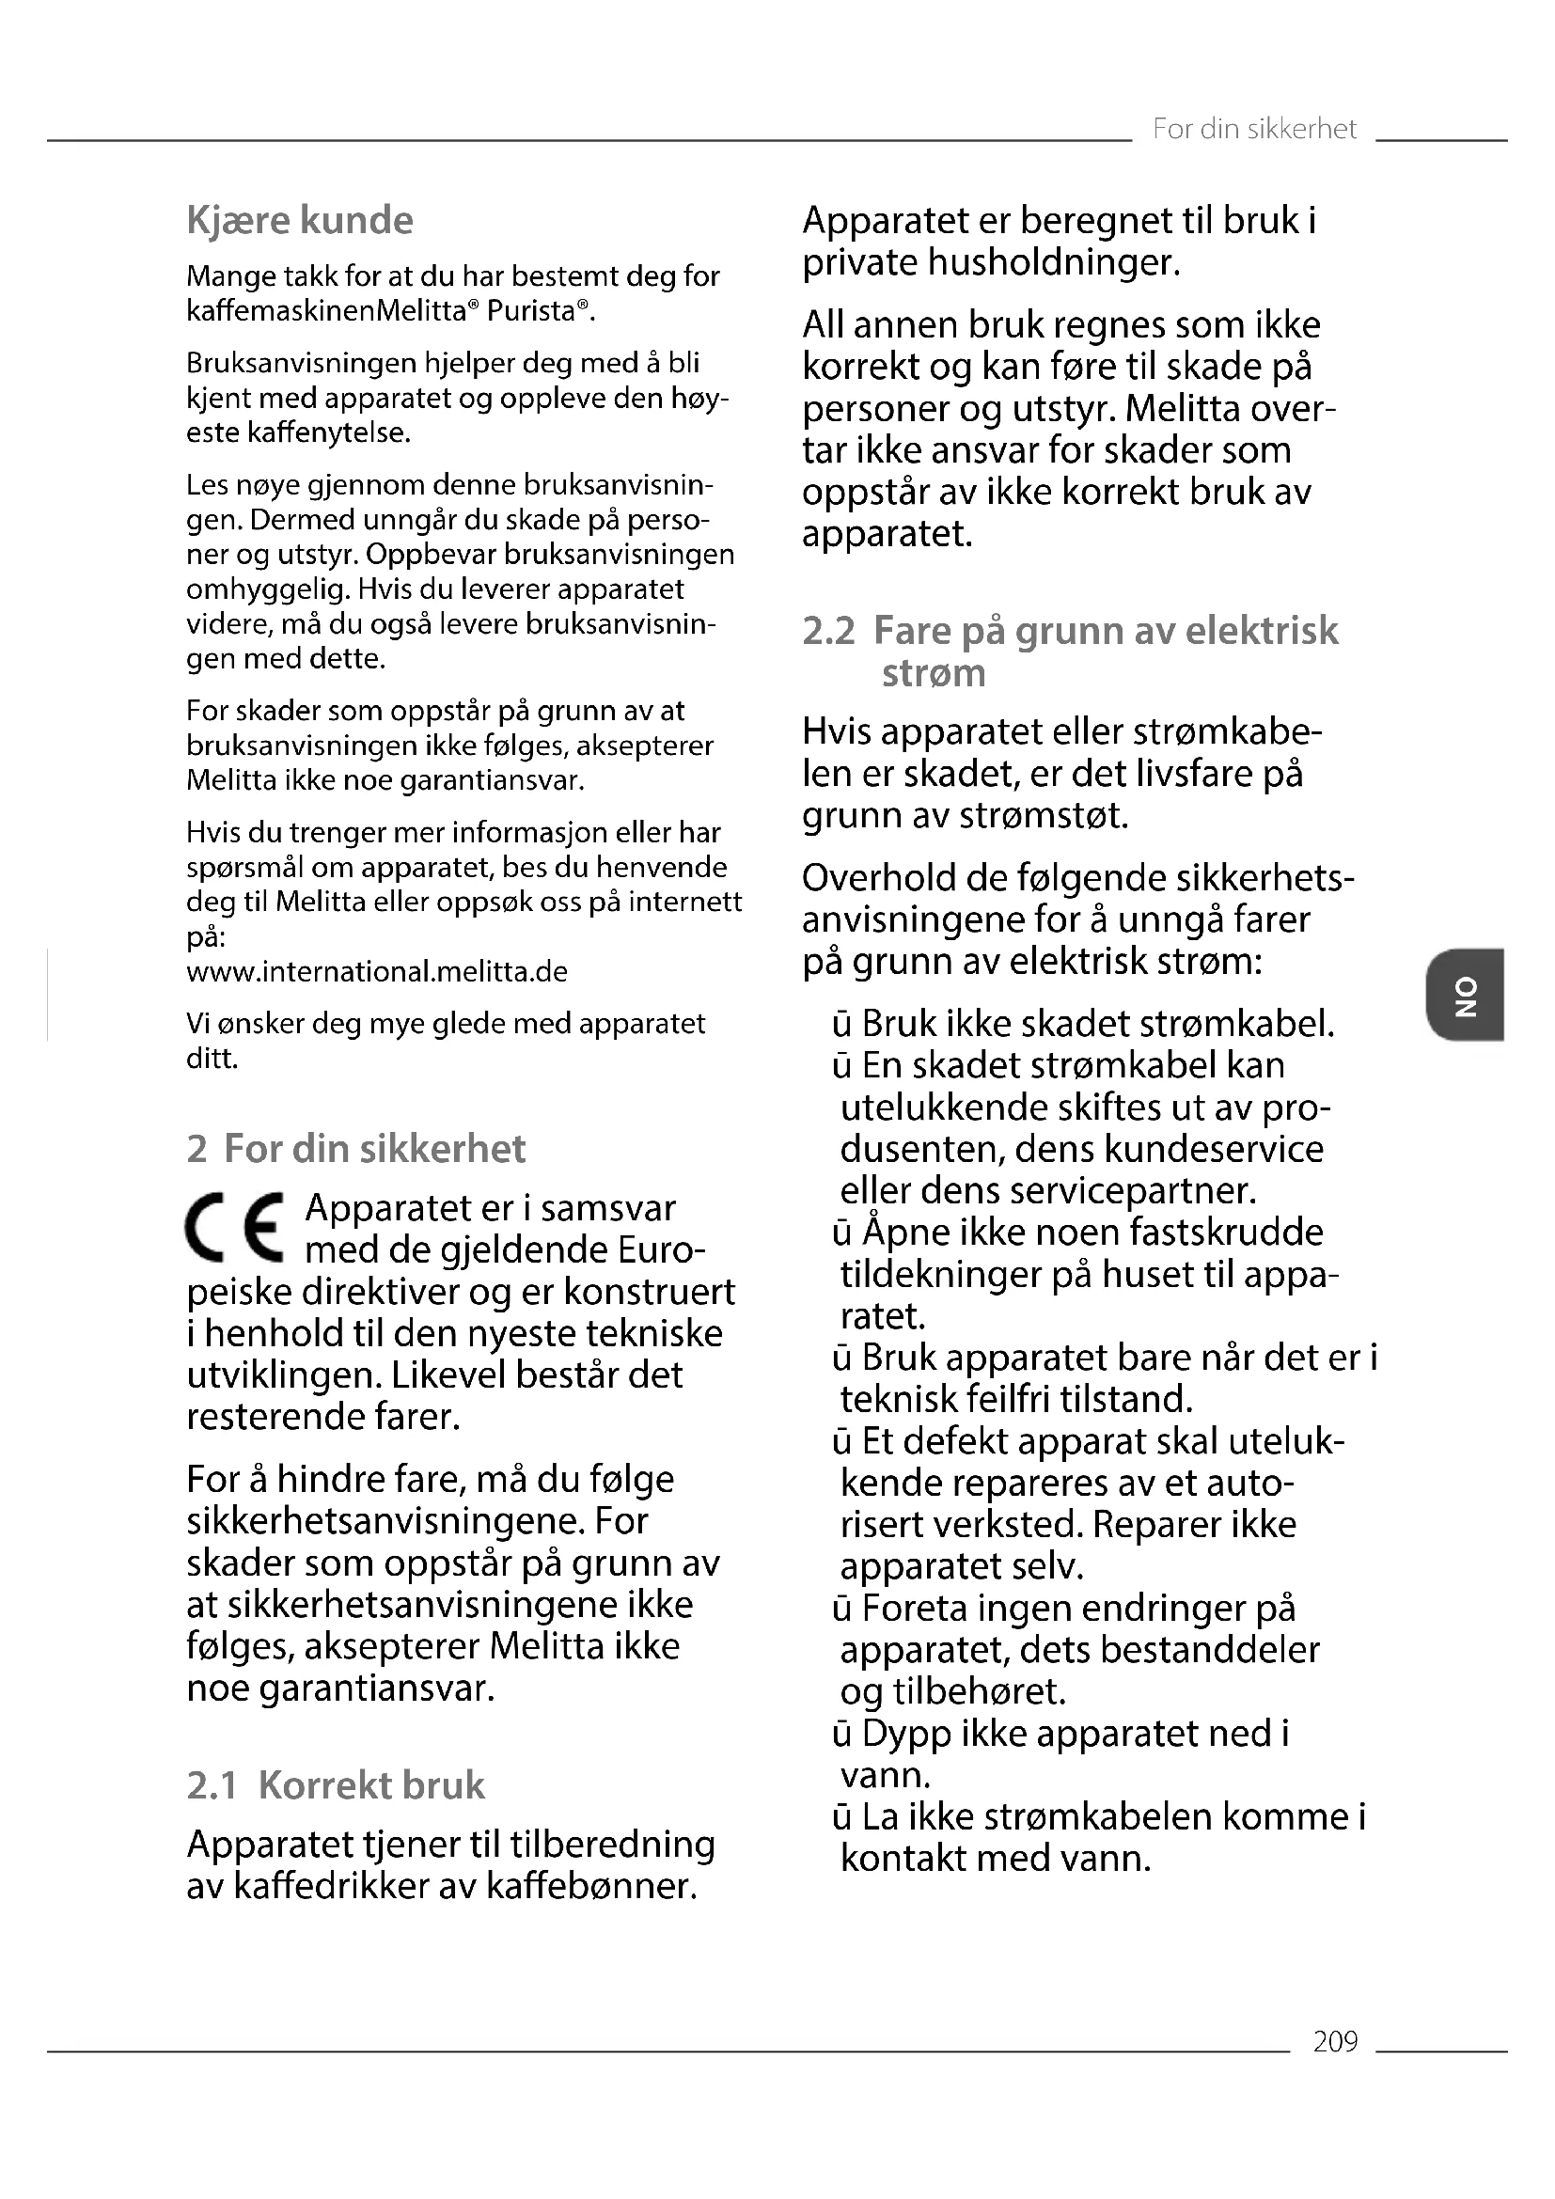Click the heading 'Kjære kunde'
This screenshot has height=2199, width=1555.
[x=300, y=220]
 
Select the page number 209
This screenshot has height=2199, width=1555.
[x=1335, y=2041]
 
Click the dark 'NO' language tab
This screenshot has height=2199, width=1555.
[x=1464, y=994]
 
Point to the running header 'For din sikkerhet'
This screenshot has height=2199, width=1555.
[x=1253, y=130]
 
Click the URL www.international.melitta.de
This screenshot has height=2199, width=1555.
[x=376, y=972]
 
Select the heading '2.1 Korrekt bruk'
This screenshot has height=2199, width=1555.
[x=335, y=1785]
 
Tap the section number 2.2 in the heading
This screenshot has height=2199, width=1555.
[x=828, y=631]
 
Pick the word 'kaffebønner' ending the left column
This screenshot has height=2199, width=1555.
[x=590, y=1886]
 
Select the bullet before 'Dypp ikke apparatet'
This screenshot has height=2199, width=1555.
[x=841, y=1734]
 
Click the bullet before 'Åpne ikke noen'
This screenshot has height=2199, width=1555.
[x=841, y=1233]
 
